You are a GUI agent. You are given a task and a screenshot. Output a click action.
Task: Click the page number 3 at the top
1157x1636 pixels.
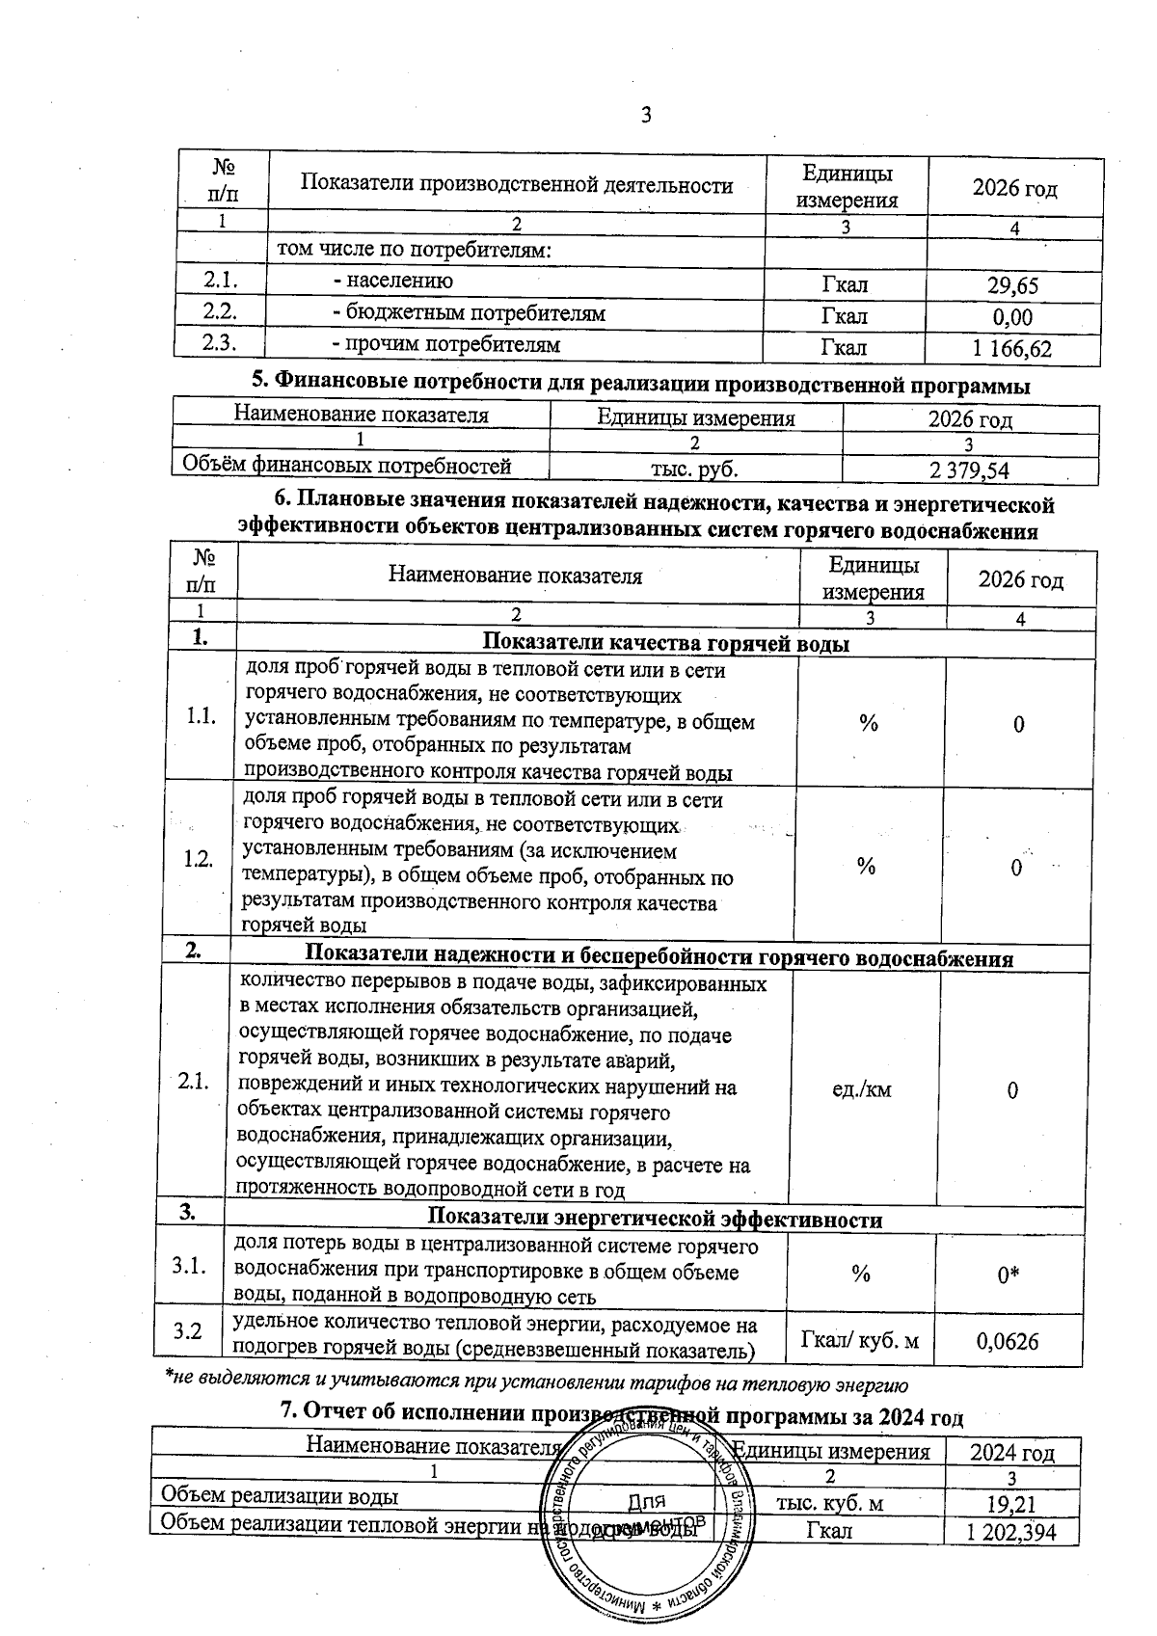(646, 116)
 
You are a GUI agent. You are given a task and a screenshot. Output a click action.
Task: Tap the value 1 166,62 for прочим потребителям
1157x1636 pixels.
(1010, 349)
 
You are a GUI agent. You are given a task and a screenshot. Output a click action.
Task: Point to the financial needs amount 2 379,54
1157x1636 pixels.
(969, 470)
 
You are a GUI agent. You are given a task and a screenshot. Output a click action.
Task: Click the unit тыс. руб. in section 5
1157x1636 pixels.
(695, 469)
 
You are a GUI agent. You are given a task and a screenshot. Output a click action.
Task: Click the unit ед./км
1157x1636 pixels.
(861, 1090)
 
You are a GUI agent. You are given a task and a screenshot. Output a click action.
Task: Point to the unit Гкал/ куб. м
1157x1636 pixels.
(860, 1340)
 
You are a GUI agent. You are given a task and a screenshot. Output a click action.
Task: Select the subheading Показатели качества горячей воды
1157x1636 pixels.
(665, 644)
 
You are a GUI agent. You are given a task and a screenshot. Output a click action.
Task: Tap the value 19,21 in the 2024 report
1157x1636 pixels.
(1010, 1504)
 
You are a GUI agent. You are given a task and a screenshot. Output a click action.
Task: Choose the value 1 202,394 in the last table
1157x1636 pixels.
(1010, 1532)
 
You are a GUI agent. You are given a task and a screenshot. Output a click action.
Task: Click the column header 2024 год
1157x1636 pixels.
(1011, 1452)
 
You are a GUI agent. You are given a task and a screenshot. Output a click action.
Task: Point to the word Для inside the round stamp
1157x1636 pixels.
(646, 1502)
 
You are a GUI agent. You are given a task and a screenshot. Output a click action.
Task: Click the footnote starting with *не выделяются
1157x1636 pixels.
(534, 1386)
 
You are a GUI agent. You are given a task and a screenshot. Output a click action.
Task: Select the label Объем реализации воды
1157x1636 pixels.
(279, 1496)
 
